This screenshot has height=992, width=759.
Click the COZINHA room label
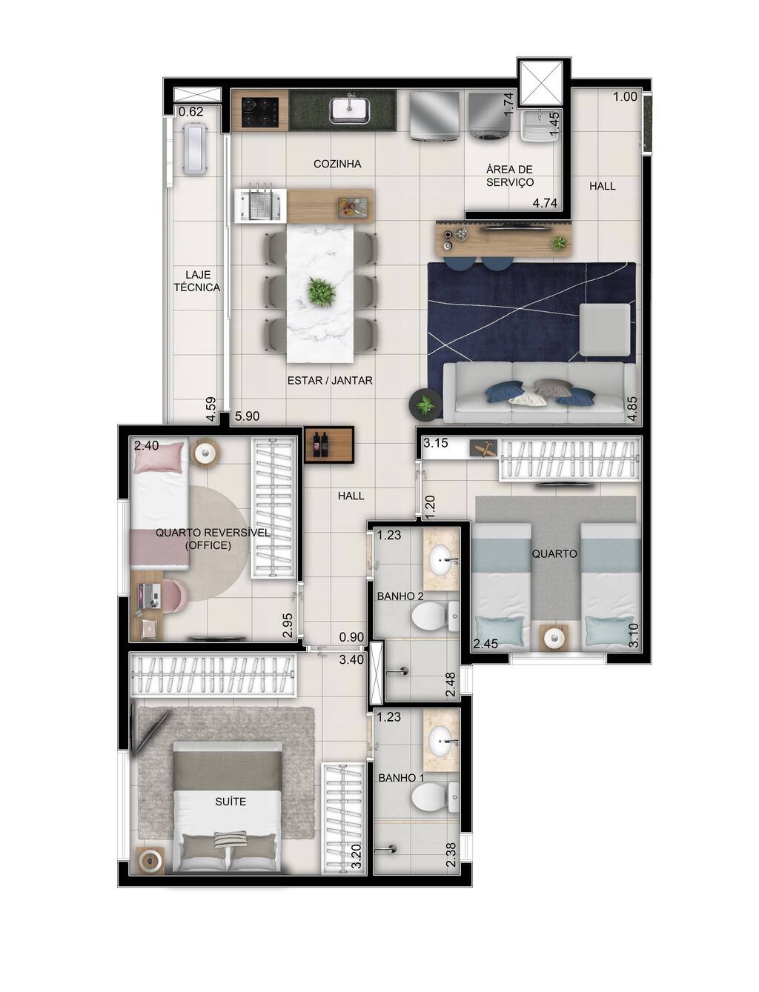(337, 164)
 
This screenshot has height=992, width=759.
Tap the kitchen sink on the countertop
(351, 110)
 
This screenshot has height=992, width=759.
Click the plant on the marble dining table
(321, 293)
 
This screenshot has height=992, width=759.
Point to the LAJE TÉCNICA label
(196, 281)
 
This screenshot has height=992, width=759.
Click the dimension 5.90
(247, 417)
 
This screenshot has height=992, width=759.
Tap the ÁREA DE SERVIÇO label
(509, 176)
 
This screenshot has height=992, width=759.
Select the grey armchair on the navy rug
(604, 330)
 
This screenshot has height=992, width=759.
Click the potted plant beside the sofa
(425, 405)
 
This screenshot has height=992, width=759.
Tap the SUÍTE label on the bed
(231, 802)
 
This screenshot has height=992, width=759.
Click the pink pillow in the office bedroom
(159, 458)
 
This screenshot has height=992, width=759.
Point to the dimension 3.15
(436, 444)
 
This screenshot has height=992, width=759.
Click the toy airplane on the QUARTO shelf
(483, 448)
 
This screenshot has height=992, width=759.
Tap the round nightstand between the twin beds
(553, 636)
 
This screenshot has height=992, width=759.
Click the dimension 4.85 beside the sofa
(632, 409)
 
